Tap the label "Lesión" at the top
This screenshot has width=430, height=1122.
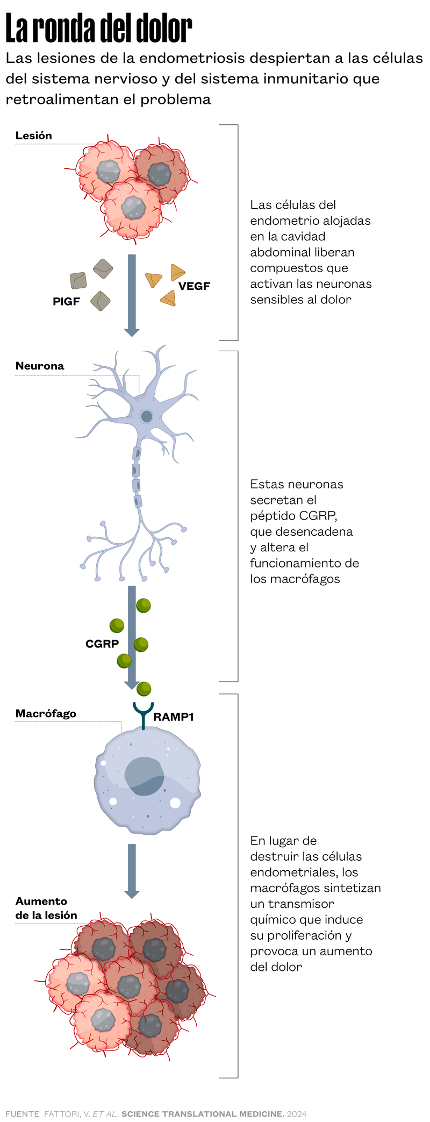tap(34, 136)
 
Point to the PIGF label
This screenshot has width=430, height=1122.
tap(66, 302)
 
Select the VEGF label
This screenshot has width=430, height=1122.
tap(194, 286)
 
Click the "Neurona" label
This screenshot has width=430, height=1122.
tap(40, 366)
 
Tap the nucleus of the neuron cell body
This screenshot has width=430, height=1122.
tap(146, 416)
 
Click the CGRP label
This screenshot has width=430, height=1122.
tap(102, 644)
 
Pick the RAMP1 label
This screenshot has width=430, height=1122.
tap(173, 717)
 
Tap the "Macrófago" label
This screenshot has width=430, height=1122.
tap(46, 714)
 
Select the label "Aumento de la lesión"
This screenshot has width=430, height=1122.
tap(46, 908)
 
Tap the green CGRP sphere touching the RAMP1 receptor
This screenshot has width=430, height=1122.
tap(144, 688)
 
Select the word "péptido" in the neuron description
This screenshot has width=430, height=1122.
tap(273, 516)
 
